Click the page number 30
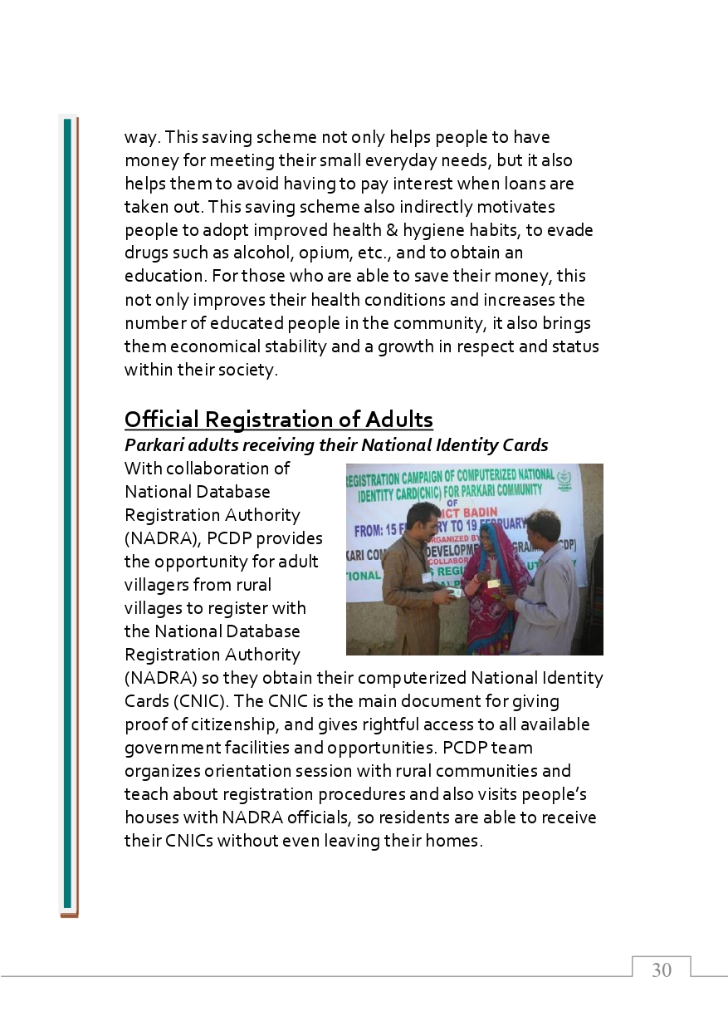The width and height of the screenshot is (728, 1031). tap(662, 970)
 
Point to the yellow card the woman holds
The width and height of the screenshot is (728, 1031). tap(493, 583)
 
